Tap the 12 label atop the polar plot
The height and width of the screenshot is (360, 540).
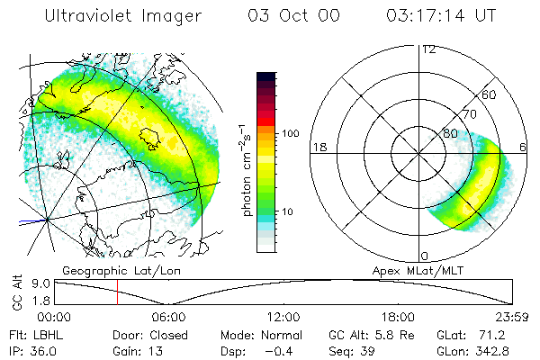429,49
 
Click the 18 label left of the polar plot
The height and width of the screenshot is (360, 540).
318,147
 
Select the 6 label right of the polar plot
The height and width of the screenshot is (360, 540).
525,147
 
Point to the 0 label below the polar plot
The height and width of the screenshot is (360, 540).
425,256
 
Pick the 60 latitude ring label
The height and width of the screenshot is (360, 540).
490,94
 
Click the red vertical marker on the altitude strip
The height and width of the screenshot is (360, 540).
117,292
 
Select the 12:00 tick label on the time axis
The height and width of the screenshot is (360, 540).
283,317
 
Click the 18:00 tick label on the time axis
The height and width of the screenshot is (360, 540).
398,317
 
